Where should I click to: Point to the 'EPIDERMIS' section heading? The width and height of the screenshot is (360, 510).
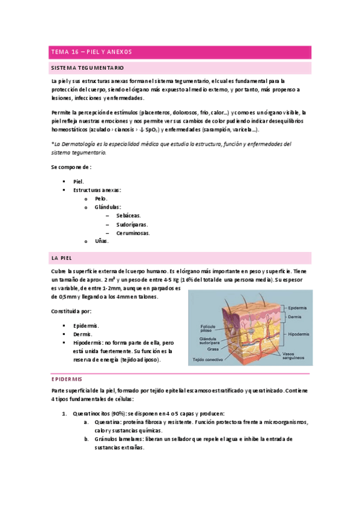click(70, 379)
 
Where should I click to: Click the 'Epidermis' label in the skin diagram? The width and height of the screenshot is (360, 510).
click(299, 307)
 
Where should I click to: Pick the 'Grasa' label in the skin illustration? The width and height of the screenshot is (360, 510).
click(213, 349)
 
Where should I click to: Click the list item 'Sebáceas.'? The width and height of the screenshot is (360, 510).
click(129, 215)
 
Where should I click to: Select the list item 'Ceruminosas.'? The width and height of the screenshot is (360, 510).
click(133, 233)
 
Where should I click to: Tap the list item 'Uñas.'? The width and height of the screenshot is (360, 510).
click(102, 241)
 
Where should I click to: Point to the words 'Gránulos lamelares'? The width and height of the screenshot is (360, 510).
click(120, 439)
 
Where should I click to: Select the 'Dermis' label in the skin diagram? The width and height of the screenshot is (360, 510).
click(294, 316)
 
